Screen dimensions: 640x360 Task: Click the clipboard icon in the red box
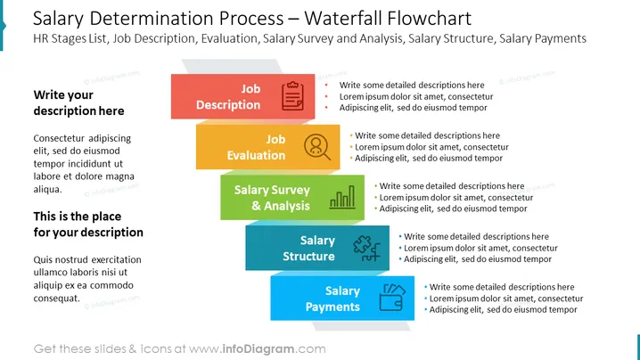pyautogui.click(x=292, y=96)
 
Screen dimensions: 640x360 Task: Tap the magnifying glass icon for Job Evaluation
pyautogui.click(x=317, y=147)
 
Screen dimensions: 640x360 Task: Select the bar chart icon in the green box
pyautogui.click(x=342, y=197)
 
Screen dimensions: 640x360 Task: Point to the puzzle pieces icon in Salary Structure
pyautogui.click(x=366, y=248)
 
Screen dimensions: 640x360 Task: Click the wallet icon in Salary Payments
pyautogui.click(x=392, y=298)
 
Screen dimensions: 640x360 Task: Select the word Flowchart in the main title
pyautogui.click(x=429, y=19)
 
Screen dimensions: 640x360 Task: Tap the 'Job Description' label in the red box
pyautogui.click(x=228, y=97)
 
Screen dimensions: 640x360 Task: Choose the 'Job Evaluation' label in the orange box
pyautogui.click(x=256, y=147)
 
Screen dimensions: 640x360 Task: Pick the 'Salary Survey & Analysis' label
pyautogui.click(x=272, y=198)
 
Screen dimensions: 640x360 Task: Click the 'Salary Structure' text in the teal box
pyautogui.click(x=308, y=248)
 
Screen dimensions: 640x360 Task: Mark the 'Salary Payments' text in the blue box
pyautogui.click(x=332, y=299)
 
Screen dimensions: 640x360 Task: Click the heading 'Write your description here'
pyautogui.click(x=78, y=102)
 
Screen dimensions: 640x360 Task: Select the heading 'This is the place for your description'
pyautogui.click(x=88, y=224)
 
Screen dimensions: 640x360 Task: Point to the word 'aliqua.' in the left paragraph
pyautogui.click(x=48, y=190)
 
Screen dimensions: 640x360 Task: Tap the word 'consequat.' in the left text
pyautogui.click(x=57, y=299)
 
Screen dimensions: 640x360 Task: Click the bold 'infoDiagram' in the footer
pyautogui.click(x=258, y=349)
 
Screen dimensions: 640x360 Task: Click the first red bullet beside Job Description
pyautogui.click(x=326, y=86)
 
